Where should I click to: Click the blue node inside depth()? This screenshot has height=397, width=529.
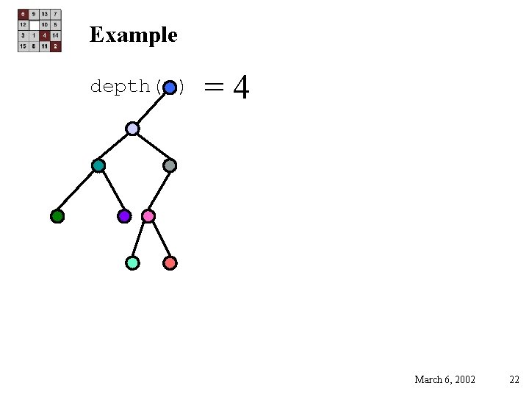click(x=170, y=87)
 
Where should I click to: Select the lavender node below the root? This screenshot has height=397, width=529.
click(x=132, y=129)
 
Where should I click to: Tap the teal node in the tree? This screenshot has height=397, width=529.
click(x=98, y=165)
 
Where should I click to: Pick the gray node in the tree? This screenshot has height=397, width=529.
click(x=170, y=165)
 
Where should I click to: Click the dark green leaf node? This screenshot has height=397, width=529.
click(x=57, y=216)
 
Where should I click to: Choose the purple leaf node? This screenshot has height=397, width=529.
click(x=124, y=216)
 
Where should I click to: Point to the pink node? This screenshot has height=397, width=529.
click(x=148, y=216)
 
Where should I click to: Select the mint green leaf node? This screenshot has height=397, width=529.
click(x=132, y=262)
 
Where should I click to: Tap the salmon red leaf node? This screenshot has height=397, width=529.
click(x=170, y=262)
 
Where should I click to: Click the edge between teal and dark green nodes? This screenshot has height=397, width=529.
click(x=78, y=191)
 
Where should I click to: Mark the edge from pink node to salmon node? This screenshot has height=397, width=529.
click(x=159, y=240)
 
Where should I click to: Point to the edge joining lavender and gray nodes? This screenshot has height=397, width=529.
click(x=151, y=147)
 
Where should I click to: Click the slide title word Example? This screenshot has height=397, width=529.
click(x=133, y=35)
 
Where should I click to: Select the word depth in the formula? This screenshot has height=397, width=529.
click(x=119, y=87)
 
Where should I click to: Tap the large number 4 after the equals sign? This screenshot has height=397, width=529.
click(x=241, y=88)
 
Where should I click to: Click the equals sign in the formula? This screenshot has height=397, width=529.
click(x=214, y=87)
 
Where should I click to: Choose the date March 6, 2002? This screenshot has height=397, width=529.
click(x=445, y=379)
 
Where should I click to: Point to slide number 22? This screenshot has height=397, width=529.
click(x=514, y=379)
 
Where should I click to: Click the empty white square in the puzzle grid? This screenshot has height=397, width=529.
click(x=34, y=24)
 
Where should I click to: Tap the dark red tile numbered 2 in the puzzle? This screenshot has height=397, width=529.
click(x=56, y=46)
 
